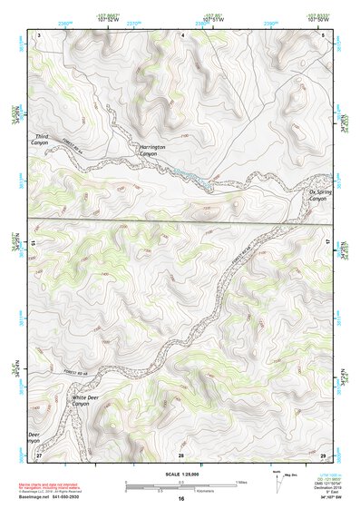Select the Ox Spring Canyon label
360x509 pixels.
(316, 195)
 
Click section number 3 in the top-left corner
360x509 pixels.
(40, 34)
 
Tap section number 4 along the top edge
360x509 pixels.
(182, 34)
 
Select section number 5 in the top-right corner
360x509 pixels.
(323, 34)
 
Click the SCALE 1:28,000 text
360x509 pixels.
(180, 474)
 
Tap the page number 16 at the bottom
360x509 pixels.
(180, 498)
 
